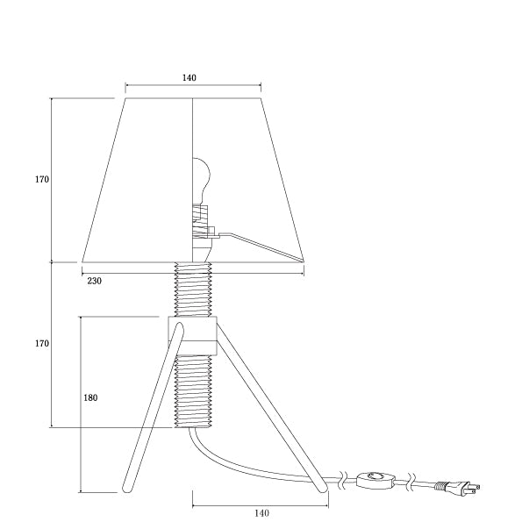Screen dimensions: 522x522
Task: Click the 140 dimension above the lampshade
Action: [x=189, y=78]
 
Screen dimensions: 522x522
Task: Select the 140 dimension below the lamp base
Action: [x=261, y=512]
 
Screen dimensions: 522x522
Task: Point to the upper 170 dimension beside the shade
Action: [x=42, y=179]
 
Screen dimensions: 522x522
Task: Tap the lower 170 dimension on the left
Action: [x=42, y=344]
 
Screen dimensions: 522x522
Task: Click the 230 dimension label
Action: [x=95, y=281]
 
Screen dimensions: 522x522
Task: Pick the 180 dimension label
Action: [x=90, y=397]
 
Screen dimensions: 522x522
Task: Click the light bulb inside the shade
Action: [x=201, y=178]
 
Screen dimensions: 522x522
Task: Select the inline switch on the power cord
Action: [x=377, y=479]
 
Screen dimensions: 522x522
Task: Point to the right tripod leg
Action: [x=272, y=408]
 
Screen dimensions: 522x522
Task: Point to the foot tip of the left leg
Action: [x=126, y=487]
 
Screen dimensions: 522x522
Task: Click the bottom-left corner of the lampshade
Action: [x=83, y=261]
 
